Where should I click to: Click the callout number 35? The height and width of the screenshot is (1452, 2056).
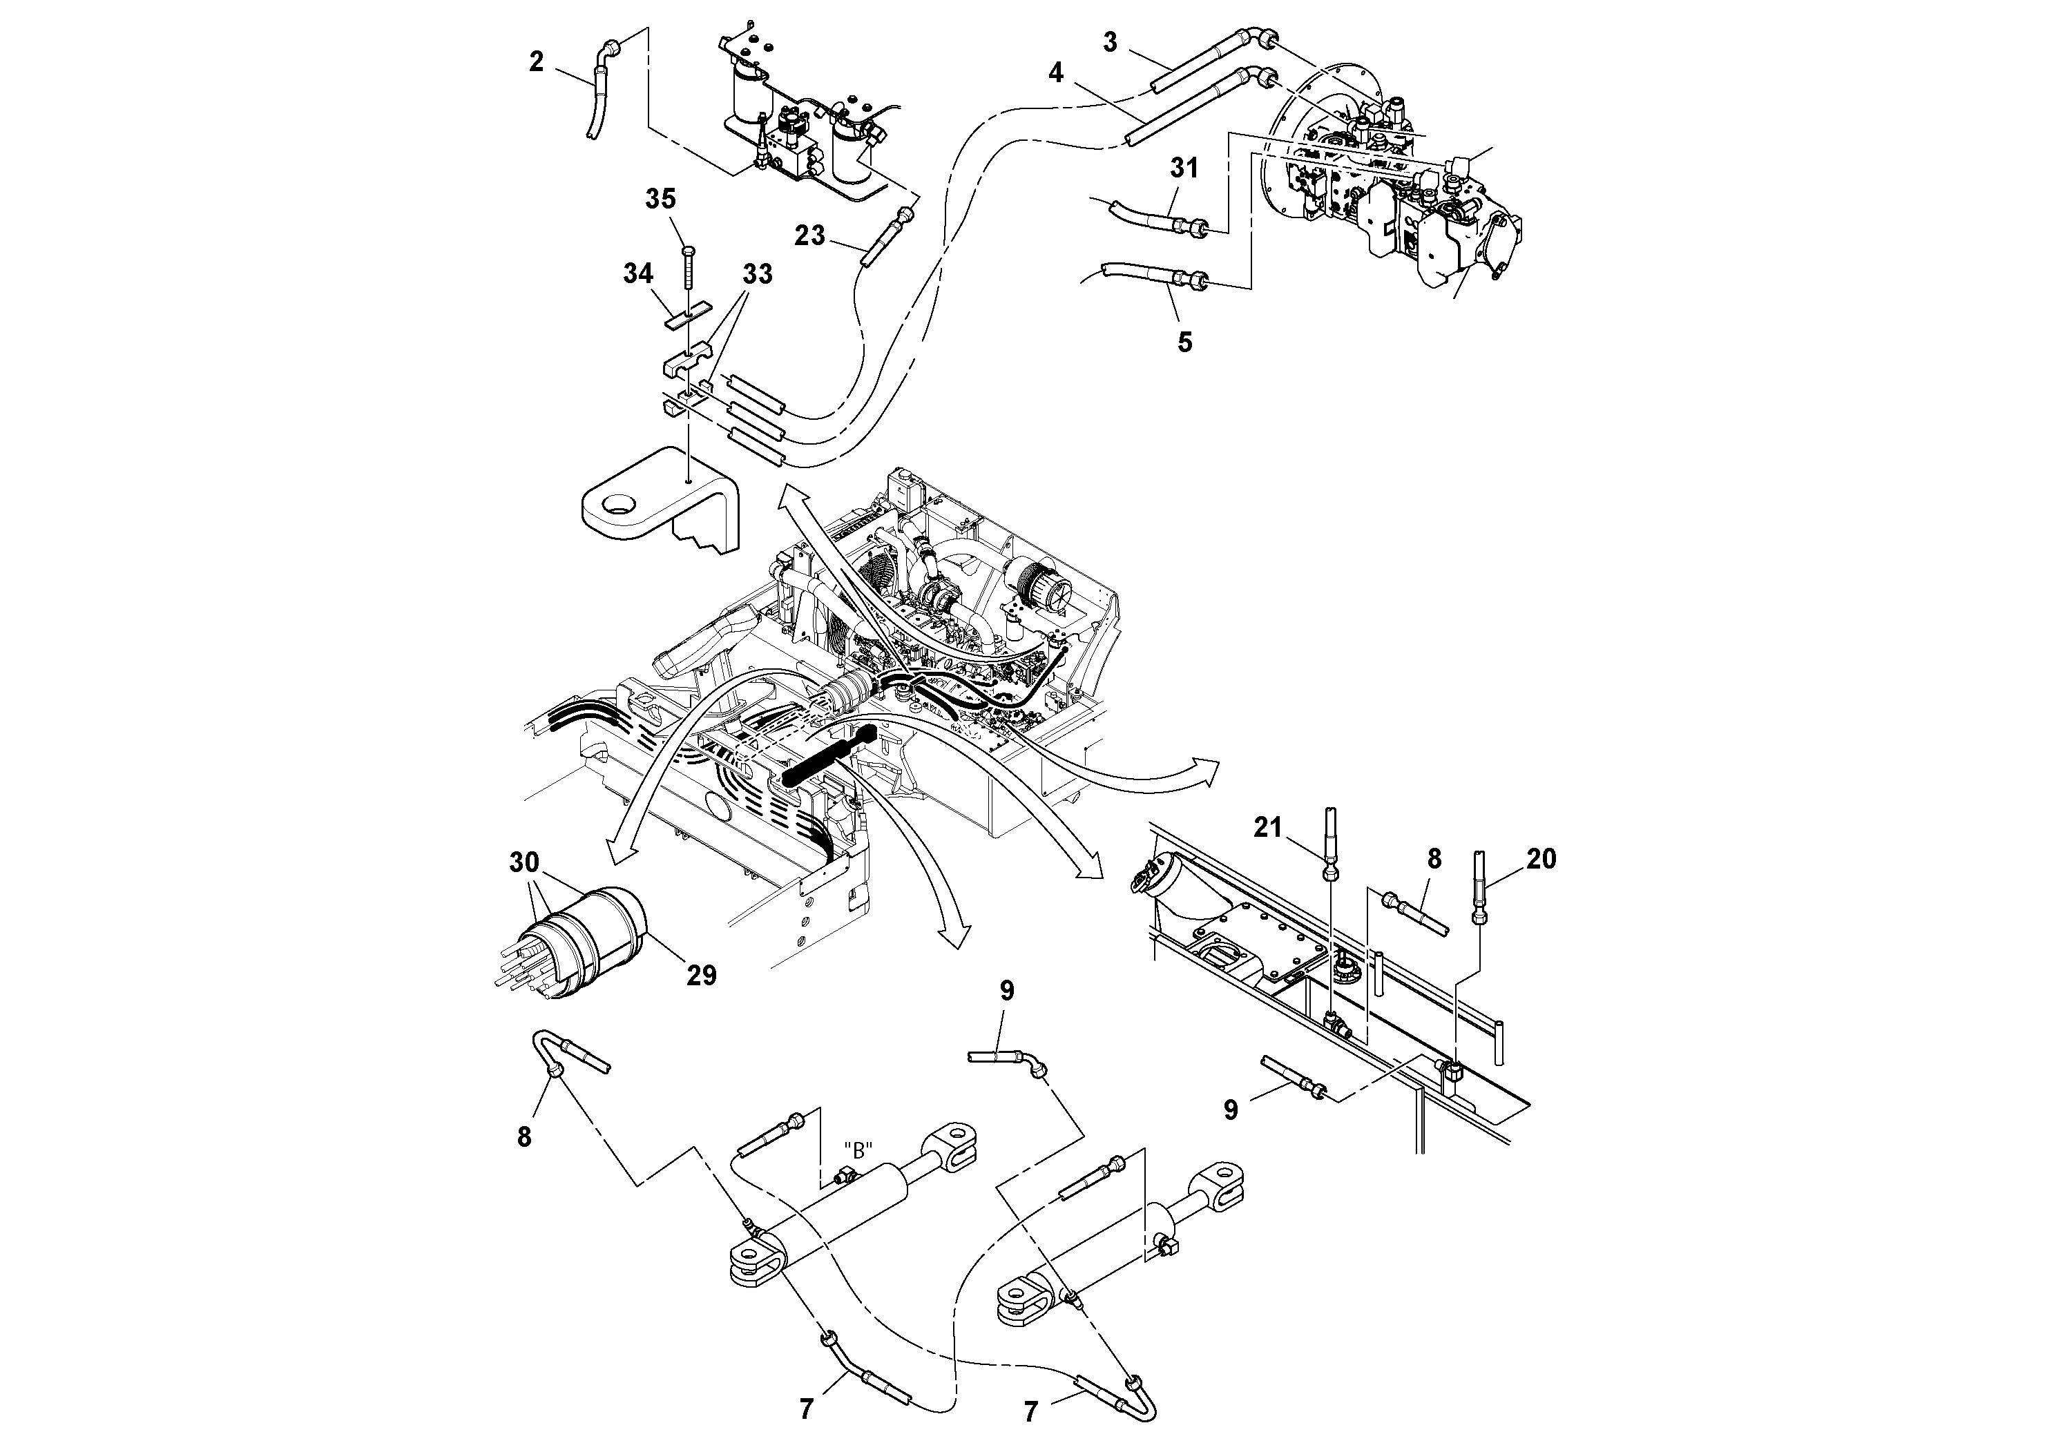tap(661, 199)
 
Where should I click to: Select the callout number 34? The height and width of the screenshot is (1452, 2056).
tap(637, 273)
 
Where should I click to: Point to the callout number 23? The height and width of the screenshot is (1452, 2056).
tap(809, 235)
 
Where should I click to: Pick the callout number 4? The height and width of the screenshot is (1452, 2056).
tap(1056, 72)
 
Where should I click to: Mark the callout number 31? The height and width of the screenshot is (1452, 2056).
tap(1184, 167)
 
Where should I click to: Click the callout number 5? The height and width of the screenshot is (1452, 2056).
tap(1184, 342)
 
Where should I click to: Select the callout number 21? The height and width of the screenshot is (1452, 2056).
tap(1267, 828)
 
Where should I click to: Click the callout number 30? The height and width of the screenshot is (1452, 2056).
tap(524, 863)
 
